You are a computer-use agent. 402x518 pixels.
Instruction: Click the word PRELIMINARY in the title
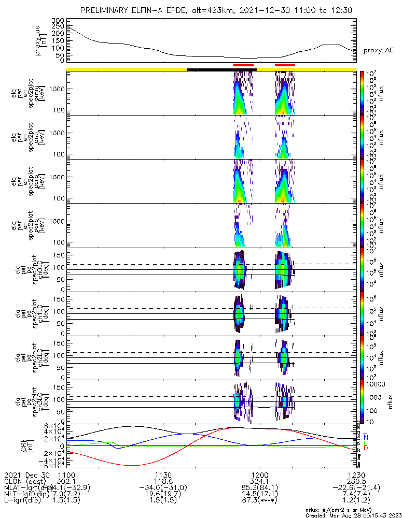(x=105, y=11)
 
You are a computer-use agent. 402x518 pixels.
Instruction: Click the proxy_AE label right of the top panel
(x=378, y=50)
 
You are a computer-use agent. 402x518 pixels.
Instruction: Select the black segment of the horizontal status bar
(x=221, y=69)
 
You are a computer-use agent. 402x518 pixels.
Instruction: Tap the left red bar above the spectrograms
(x=243, y=65)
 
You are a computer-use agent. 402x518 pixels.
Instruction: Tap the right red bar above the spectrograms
(x=285, y=65)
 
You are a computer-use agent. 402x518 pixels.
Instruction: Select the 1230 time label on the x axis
(x=356, y=474)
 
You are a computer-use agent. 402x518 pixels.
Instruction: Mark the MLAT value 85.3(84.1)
(x=259, y=488)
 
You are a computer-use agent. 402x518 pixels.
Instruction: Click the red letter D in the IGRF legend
(x=366, y=448)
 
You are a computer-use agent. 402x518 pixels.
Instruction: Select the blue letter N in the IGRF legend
(x=366, y=437)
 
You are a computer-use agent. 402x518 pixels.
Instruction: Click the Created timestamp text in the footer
(x=353, y=515)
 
